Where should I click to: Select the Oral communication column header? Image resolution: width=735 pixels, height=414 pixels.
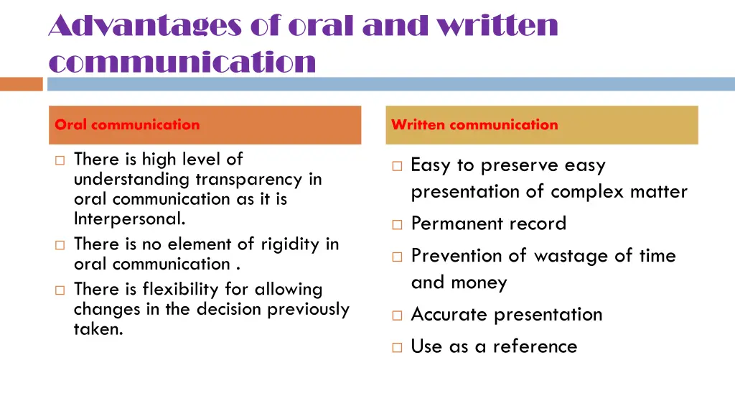pos(128,124)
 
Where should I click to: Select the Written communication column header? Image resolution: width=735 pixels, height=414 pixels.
pos(474,124)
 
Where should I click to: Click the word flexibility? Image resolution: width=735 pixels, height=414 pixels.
pos(180,290)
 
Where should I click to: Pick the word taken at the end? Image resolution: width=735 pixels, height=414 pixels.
pos(98,330)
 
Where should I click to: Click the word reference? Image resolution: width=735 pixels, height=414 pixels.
pos(535,346)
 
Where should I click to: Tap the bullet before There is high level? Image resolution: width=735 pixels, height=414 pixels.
pos(60,160)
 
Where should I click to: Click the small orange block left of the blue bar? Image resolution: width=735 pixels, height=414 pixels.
pos(22,84)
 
